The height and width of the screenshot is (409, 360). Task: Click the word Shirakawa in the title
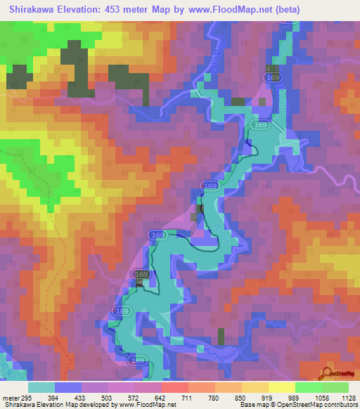(34, 10)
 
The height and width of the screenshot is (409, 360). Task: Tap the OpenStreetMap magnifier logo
(328, 372)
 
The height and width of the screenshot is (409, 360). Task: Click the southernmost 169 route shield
(137, 360)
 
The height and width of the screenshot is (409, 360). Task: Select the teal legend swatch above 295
(41, 387)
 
